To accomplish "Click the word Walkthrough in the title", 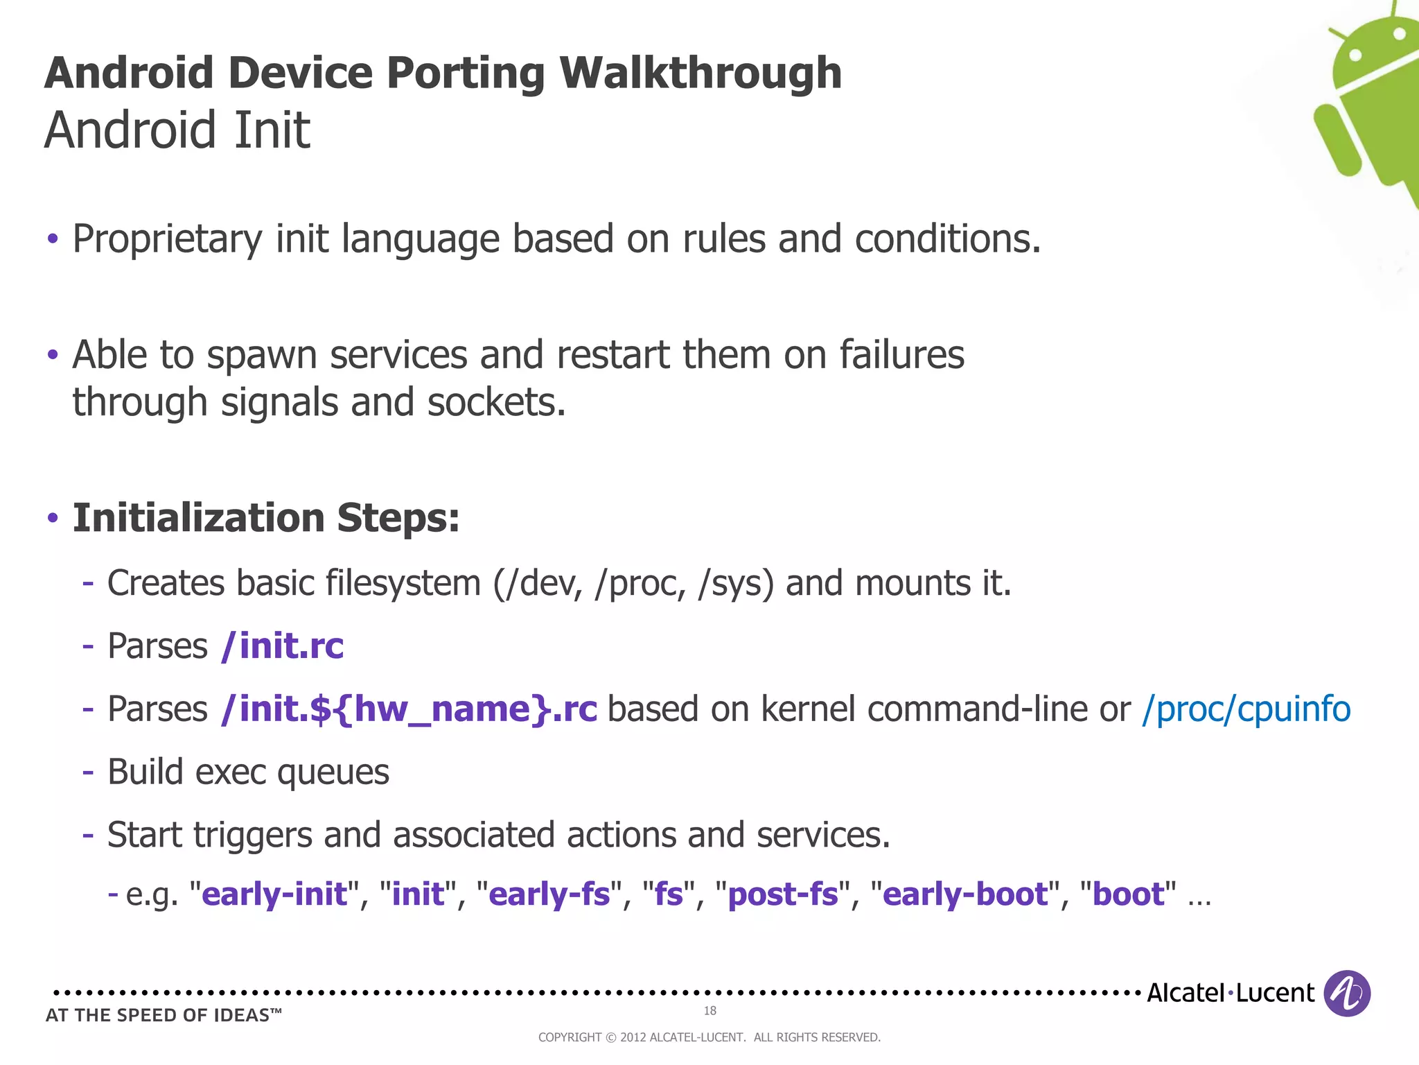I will pyautogui.click(x=700, y=73).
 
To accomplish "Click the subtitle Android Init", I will pyautogui.click(x=177, y=130).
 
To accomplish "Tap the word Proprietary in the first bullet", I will pyautogui.click(x=167, y=239).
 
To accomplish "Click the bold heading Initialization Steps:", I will pyautogui.click(x=266, y=518).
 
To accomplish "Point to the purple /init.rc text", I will pyautogui.click(x=282, y=646).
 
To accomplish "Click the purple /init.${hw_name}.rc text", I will pyautogui.click(x=409, y=709).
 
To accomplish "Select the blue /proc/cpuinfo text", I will pyautogui.click(x=1246, y=709).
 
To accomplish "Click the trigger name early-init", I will pyautogui.click(x=274, y=894).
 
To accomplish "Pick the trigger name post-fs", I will pyautogui.click(x=783, y=894).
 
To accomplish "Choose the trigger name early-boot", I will pyautogui.click(x=965, y=894).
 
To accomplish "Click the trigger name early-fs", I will pyautogui.click(x=549, y=894).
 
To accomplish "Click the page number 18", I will pyautogui.click(x=709, y=1010).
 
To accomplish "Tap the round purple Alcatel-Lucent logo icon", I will pyautogui.click(x=1346, y=993).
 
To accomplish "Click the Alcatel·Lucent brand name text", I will pyautogui.click(x=1230, y=993).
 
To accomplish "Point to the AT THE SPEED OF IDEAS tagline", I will pyautogui.click(x=164, y=1015).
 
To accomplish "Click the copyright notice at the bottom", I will pyautogui.click(x=709, y=1037).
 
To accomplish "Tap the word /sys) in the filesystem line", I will pyautogui.click(x=736, y=583).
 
